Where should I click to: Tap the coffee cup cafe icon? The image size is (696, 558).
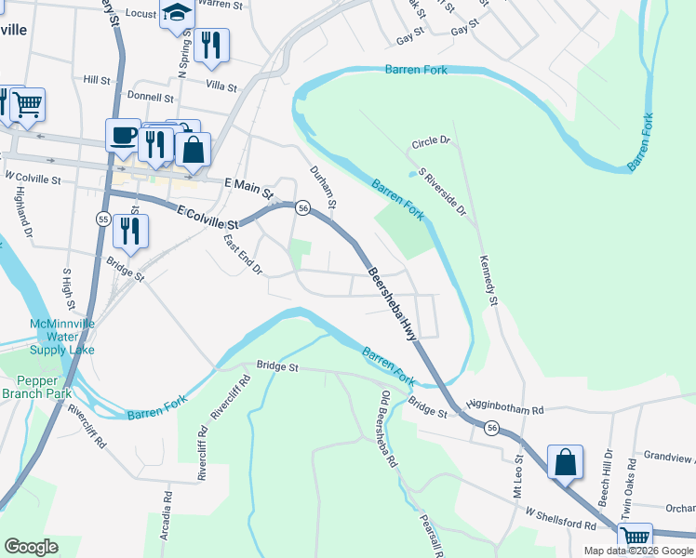(123, 137)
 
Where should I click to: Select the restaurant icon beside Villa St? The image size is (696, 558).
(211, 46)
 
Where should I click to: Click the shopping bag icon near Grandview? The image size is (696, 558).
(565, 462)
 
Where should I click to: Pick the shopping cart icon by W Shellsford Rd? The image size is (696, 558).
(635, 538)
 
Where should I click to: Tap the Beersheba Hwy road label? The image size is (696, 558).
(391, 303)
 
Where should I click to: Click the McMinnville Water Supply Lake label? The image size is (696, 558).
(62, 336)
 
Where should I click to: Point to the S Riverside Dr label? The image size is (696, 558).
(442, 193)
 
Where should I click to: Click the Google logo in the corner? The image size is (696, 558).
(31, 547)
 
